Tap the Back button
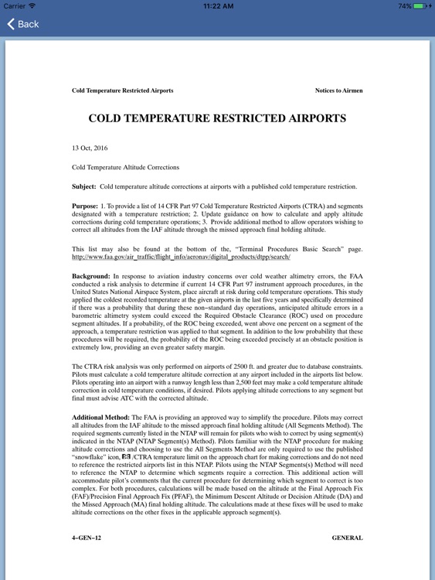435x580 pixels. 22,24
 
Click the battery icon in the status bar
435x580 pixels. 420,5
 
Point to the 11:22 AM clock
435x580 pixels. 217,5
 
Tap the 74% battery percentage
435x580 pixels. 404,5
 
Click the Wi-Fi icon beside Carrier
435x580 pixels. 32,5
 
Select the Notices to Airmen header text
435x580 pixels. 338,90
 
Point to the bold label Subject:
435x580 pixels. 84,186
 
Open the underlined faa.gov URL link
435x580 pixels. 181,256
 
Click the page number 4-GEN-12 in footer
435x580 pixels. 86,537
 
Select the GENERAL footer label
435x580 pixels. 347,537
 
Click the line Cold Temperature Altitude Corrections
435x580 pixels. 125,166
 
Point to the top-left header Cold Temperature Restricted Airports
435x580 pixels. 122,90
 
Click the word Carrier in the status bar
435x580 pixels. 14,5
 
